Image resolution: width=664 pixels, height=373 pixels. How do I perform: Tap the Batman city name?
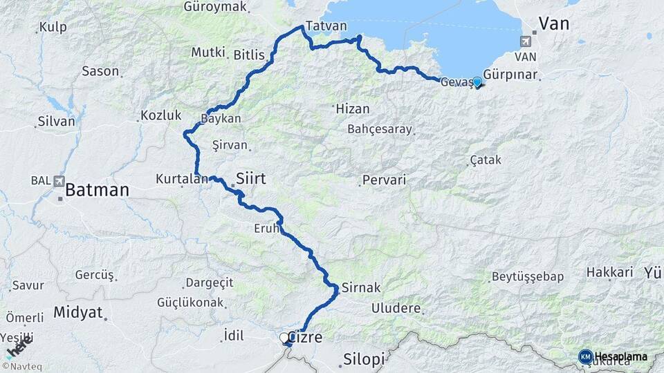coord(98,189)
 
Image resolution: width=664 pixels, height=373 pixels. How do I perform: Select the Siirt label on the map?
coord(251,178)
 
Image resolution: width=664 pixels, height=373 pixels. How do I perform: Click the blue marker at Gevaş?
coord(477,82)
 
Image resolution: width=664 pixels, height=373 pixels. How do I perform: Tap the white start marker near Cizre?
coord(284,338)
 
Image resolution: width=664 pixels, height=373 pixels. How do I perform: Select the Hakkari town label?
coord(610,272)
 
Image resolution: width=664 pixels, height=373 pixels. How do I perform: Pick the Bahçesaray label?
coord(380,129)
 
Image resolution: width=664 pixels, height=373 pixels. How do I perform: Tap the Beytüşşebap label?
coord(528,277)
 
